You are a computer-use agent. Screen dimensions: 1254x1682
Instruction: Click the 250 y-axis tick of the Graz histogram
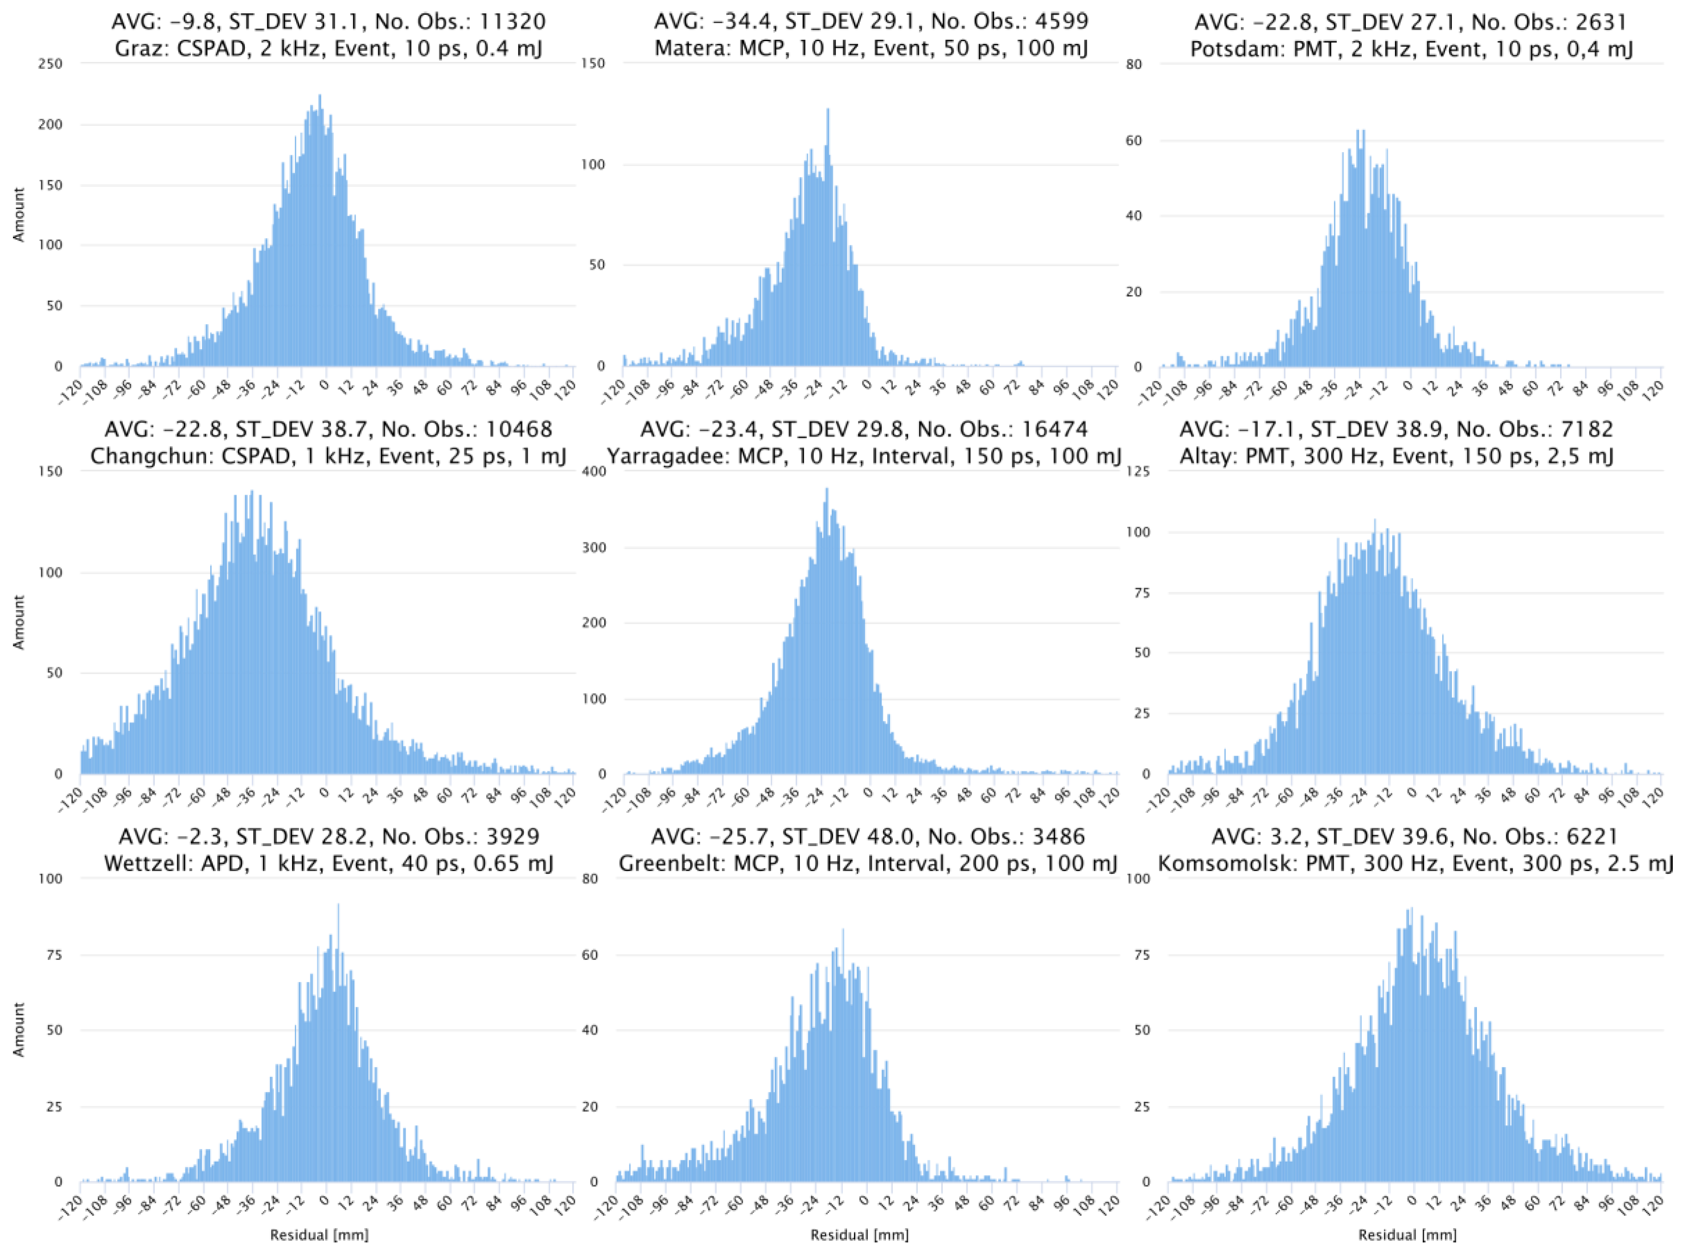click(51, 64)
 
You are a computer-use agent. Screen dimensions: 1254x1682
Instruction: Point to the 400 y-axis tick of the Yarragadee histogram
click(594, 471)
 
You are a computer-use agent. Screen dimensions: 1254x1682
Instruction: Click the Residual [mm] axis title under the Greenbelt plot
click(859, 1235)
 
